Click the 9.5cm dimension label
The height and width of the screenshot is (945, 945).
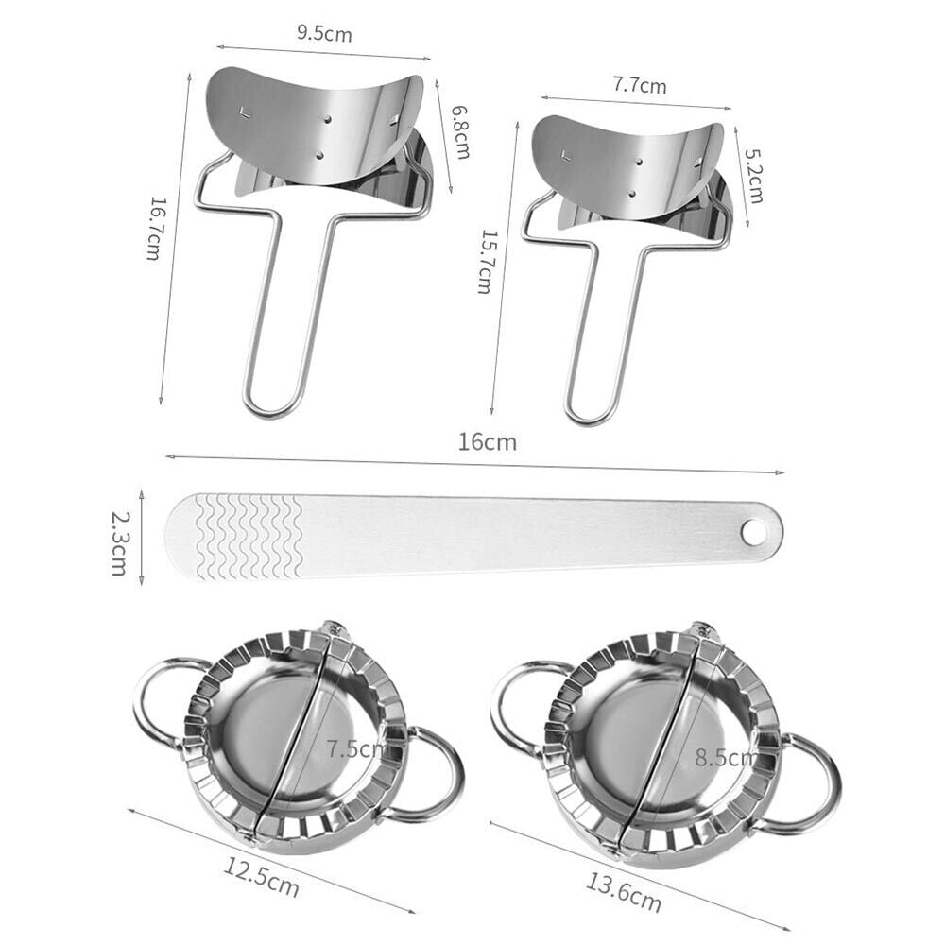point(324,36)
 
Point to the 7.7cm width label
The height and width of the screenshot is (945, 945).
point(639,86)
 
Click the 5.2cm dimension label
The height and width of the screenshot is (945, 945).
point(753,177)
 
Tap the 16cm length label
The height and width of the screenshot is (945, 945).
point(488,441)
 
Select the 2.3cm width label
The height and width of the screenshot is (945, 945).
point(119,544)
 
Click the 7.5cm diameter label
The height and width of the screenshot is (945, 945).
point(355,749)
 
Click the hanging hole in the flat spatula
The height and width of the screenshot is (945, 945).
point(754,533)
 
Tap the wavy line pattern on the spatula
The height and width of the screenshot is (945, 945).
point(248,536)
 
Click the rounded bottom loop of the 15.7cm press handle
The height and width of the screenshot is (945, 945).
point(591,410)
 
